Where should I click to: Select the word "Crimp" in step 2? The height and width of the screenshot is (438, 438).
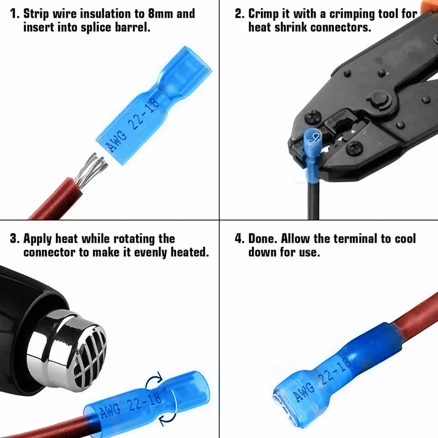click(x=263, y=14)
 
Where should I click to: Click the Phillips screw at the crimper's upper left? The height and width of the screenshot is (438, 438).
click(x=312, y=116)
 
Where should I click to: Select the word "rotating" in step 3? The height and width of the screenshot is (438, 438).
click(x=134, y=239)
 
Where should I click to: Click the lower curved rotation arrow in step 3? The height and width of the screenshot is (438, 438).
click(x=168, y=419)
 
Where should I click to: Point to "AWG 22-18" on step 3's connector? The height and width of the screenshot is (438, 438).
click(x=131, y=405)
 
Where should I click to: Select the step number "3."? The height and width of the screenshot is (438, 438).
click(x=15, y=239)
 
